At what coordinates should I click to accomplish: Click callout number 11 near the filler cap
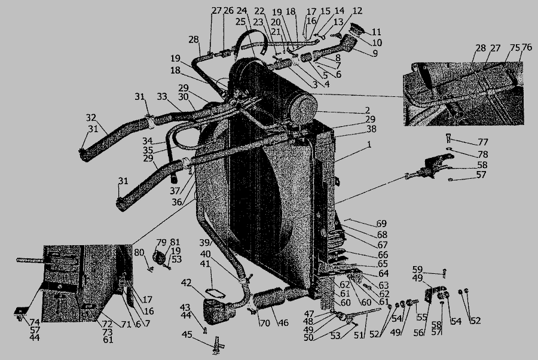click(x=377, y=32)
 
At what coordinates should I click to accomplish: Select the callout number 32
click(x=91, y=118)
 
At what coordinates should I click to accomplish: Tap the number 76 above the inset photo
click(x=527, y=48)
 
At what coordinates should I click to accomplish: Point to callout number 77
click(x=483, y=142)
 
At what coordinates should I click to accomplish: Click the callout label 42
click(x=186, y=283)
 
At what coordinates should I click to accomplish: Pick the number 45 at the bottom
click(x=187, y=334)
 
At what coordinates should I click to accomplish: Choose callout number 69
click(x=381, y=224)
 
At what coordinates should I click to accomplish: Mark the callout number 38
click(x=371, y=129)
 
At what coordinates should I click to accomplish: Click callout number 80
click(x=139, y=253)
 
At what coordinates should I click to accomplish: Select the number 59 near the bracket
click(x=418, y=270)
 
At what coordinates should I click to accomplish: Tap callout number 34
click(x=148, y=141)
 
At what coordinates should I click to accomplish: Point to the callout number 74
click(x=35, y=322)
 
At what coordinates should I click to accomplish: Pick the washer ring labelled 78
click(x=450, y=148)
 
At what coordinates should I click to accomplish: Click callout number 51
click(x=359, y=335)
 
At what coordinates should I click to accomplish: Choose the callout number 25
click(x=241, y=22)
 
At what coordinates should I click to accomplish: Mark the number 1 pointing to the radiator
click(x=369, y=145)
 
